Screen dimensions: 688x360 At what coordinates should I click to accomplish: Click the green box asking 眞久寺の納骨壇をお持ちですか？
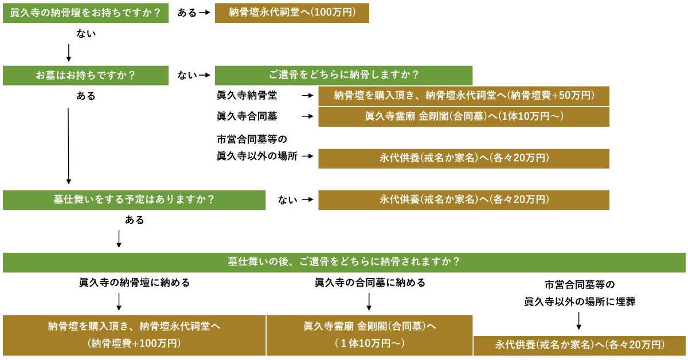85,13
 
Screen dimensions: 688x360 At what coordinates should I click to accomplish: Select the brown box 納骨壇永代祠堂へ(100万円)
292,13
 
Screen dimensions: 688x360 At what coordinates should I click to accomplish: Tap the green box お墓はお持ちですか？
85,75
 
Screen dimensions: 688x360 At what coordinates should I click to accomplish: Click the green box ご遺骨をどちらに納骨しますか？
343,75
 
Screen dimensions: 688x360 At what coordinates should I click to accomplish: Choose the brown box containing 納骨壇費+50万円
464,96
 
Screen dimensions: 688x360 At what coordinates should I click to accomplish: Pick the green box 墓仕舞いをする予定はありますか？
134,200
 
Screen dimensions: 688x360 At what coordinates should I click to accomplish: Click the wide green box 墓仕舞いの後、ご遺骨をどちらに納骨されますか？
344,263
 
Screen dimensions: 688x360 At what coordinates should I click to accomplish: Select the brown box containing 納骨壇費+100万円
134,335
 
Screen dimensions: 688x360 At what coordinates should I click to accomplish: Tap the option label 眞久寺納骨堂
247,96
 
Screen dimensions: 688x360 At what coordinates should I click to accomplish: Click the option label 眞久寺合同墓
247,116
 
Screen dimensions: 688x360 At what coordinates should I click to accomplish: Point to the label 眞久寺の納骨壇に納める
134,283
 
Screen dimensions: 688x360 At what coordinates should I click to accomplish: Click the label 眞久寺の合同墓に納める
370,283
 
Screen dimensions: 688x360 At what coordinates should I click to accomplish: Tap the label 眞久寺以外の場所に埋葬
580,302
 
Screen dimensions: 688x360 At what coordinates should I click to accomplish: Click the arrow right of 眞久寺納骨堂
307,96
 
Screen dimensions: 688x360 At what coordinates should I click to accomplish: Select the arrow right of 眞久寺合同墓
307,116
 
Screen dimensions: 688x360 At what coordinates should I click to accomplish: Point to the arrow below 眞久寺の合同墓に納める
369,302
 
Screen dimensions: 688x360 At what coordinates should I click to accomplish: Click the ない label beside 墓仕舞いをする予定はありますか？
287,200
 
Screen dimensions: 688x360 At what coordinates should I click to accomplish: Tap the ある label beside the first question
187,13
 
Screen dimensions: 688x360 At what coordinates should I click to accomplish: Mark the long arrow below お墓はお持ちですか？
68,146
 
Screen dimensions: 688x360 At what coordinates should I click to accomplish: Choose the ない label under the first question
86,33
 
